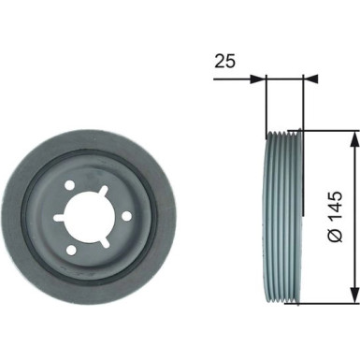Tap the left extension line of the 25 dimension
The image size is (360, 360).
pos(266,103)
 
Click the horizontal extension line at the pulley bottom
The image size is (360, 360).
pos(327,305)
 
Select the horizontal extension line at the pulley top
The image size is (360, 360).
pos(327,130)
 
